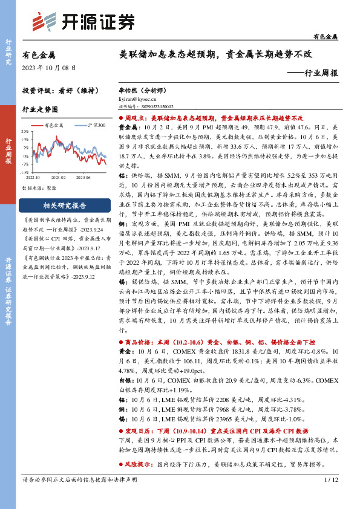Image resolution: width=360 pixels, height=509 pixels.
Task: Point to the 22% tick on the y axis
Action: tap(25, 131)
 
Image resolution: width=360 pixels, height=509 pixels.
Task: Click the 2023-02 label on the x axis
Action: tap(59, 177)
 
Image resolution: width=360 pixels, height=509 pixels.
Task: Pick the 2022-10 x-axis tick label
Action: tap(33, 177)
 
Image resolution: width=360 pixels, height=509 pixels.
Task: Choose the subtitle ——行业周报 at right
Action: tap(312, 72)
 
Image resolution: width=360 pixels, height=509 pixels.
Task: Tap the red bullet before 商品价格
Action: tap(120, 342)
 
